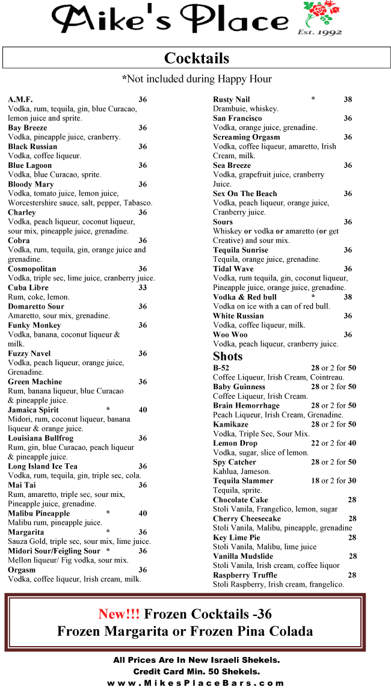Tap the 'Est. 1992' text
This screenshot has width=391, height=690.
[x=319, y=32]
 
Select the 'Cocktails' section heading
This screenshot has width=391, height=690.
[x=197, y=58]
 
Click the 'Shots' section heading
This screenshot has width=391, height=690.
[x=227, y=356]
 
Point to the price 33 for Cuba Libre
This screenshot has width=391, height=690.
[x=143, y=288]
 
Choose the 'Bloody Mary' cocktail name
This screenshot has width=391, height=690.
[x=31, y=184]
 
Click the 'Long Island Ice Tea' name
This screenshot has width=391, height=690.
[x=43, y=466]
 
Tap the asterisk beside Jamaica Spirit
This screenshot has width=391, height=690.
[x=108, y=410]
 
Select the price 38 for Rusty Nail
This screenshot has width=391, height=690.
[x=348, y=99]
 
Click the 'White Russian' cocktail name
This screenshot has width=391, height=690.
[x=238, y=316]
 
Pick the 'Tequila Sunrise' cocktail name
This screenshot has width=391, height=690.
[x=241, y=250]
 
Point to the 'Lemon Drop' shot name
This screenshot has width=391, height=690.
[x=235, y=443]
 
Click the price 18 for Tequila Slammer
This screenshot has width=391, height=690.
[x=315, y=481]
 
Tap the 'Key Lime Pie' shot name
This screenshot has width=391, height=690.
[x=236, y=537]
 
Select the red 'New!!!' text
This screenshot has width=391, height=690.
[x=119, y=614]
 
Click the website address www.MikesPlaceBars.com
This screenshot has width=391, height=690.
[x=195, y=683]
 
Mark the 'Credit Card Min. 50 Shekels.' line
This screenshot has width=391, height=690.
[x=196, y=671]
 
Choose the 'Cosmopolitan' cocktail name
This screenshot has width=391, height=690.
[x=32, y=269]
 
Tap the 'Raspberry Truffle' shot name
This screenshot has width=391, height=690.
[x=245, y=575]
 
